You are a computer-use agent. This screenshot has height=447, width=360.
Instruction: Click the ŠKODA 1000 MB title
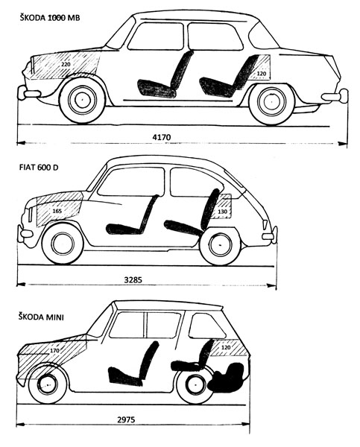[x=50, y=18]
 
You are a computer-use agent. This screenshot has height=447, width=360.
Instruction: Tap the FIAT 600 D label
[x=39, y=168]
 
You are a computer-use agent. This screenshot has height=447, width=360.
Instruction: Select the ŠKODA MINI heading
[x=41, y=317]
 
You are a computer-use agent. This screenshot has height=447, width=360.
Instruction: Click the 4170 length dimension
[x=162, y=137]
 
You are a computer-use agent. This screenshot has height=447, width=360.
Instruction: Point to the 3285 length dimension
[x=133, y=279]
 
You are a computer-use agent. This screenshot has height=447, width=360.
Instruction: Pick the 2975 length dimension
[x=126, y=419]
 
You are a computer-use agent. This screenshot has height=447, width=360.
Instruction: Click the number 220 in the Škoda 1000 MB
[x=66, y=64]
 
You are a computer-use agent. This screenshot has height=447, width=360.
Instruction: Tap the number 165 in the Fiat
[x=57, y=212]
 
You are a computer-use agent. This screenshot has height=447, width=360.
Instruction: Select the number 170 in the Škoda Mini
[x=54, y=350]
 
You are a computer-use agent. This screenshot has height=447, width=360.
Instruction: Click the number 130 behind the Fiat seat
[x=223, y=212]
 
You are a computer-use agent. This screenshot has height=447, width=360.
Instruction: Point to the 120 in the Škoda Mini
[x=226, y=347]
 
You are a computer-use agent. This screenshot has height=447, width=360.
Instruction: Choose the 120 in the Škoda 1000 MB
[x=262, y=74]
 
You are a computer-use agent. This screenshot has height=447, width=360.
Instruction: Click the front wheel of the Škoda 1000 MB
[x=82, y=99]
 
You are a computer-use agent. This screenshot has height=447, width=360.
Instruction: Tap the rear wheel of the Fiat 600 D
[x=220, y=245]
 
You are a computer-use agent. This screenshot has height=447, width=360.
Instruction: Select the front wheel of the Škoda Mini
[x=48, y=384]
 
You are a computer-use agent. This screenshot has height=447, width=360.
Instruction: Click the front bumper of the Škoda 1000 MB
[x=28, y=93]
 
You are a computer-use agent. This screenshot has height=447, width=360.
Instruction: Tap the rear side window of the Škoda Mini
[x=206, y=326]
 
